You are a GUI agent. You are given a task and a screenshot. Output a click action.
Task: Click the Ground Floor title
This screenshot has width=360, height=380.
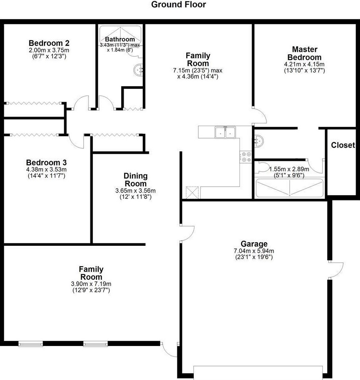pyautogui.click(x=178, y=5)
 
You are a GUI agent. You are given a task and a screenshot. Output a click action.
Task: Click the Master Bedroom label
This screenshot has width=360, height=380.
pyautogui.click(x=304, y=53)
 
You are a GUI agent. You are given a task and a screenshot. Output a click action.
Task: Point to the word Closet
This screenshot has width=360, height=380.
pyautogui.click(x=343, y=145)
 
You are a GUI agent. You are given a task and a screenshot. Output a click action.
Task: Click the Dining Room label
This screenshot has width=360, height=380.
pyautogui.click(x=135, y=180)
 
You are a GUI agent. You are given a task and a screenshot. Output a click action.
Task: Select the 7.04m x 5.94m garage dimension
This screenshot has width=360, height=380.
pyautogui.click(x=254, y=251)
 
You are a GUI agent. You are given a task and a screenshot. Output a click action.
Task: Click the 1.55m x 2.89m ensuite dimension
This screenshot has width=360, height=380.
pyautogui.click(x=289, y=169)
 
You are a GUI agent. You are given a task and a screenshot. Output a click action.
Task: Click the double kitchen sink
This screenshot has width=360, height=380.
pyautogui.click(x=225, y=133)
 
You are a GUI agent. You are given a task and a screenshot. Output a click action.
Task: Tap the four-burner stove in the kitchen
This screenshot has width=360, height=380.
pyautogui.click(x=245, y=157)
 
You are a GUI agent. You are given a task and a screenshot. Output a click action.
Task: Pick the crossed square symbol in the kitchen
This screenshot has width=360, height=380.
pyautogui.click(x=193, y=192)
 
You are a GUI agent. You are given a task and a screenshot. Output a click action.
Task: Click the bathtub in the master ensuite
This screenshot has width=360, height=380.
pyautogui.click(x=289, y=188)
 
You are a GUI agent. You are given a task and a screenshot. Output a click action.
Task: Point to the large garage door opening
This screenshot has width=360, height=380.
pyautogui.click(x=258, y=372)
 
